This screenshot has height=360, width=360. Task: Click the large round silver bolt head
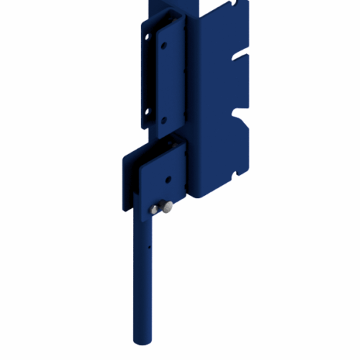[x=167, y=209]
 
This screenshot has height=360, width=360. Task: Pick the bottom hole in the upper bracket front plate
[x=163, y=120]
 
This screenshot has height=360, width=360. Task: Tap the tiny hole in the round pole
[x=149, y=245]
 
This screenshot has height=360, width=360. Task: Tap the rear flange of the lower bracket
[x=128, y=180]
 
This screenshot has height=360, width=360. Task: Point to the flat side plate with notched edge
[x=220, y=94]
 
